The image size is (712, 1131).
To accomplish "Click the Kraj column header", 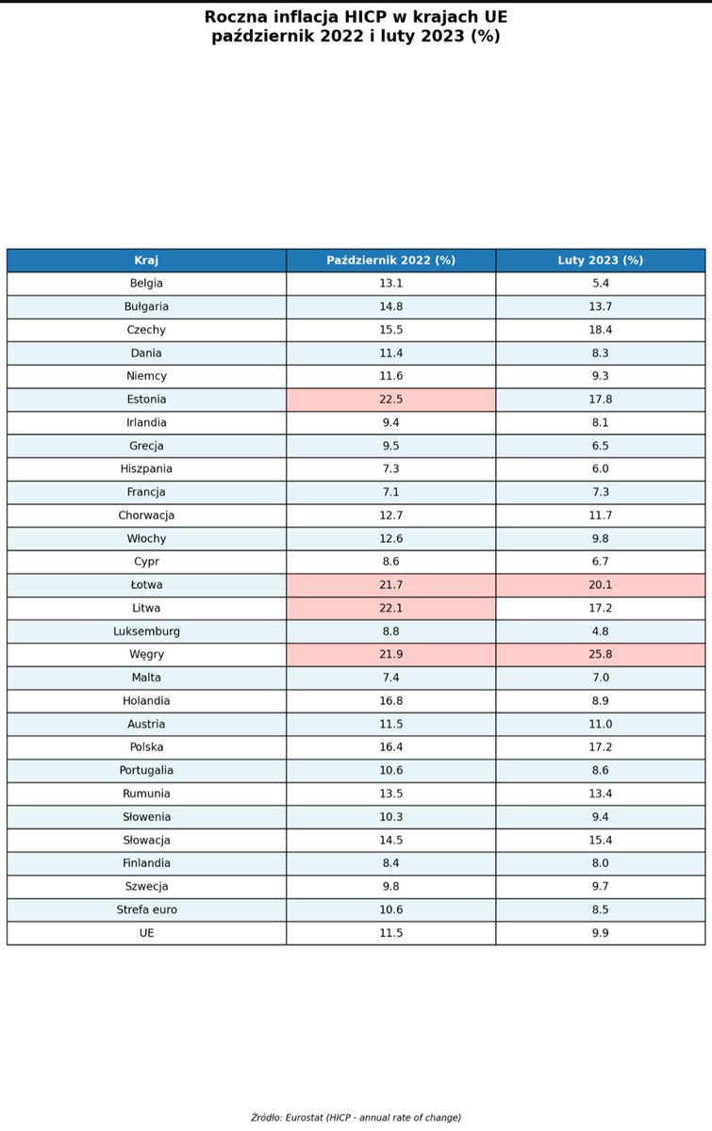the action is click(x=146, y=260).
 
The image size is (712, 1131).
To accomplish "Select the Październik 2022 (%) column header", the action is click(x=390, y=260).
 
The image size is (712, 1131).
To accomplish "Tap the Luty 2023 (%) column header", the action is click(x=601, y=260).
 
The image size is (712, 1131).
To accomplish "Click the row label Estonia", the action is click(x=146, y=400).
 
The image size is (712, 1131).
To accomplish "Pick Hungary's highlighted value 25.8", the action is click(x=601, y=654).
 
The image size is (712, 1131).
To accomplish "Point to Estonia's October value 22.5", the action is click(x=391, y=400).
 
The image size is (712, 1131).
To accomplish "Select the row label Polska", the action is click(x=146, y=746).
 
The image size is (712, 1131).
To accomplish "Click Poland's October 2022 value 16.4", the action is click(x=391, y=746).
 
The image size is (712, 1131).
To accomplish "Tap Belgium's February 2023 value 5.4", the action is click(x=601, y=284).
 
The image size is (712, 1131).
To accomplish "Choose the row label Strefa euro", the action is click(x=146, y=910).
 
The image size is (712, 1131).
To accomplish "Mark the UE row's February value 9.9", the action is click(x=601, y=932).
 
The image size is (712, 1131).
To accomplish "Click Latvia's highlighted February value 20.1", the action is click(x=601, y=584).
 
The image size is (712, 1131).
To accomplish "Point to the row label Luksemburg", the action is click(x=146, y=631).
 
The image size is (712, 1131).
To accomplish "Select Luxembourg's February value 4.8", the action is click(x=601, y=631).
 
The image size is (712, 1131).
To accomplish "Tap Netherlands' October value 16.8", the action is click(x=391, y=701).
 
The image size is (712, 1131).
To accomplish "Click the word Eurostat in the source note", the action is click(x=305, y=1118).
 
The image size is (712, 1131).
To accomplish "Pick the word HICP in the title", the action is click(x=363, y=17).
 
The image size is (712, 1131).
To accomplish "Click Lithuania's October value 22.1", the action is click(x=391, y=608).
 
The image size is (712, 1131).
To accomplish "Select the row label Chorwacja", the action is click(x=146, y=515).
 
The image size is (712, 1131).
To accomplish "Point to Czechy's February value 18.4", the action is click(x=601, y=330).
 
